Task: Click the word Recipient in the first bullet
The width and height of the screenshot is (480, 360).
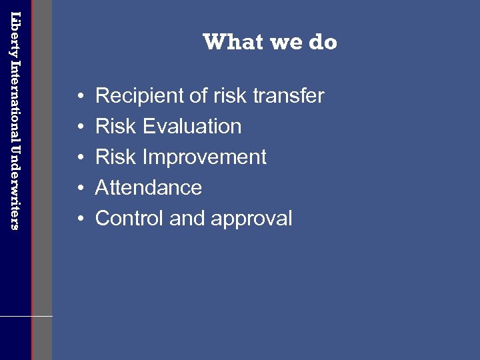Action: click(x=140, y=96)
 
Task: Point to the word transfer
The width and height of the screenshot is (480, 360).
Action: click(x=288, y=96)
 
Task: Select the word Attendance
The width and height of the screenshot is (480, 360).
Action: click(x=148, y=187)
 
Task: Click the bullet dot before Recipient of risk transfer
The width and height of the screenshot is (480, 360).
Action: click(x=79, y=97)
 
